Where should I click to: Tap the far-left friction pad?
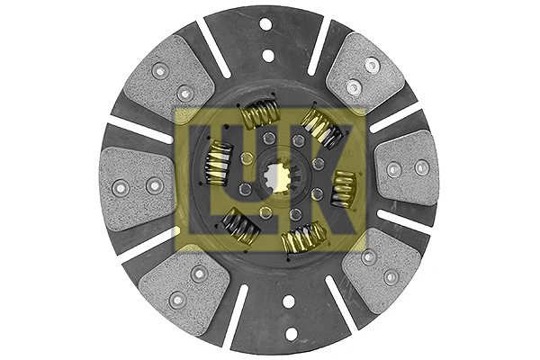point(137,188)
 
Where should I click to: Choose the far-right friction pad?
point(407,169)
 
